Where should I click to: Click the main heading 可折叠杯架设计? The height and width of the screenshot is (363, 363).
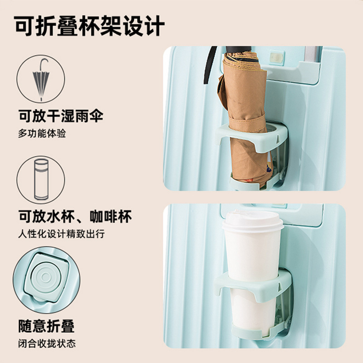point(89,26)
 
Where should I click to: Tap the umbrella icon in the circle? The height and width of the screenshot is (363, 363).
point(41,79)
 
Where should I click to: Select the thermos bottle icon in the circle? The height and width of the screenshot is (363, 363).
point(41,179)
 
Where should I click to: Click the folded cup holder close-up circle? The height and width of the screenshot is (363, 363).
point(47,280)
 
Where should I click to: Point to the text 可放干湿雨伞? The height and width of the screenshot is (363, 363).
point(61,116)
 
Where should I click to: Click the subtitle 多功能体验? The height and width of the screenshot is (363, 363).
point(42,133)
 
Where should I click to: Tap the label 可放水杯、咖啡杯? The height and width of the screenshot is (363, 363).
point(75,216)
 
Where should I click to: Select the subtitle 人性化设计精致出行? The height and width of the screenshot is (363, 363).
point(62,234)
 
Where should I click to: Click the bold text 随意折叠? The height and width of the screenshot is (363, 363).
point(46,326)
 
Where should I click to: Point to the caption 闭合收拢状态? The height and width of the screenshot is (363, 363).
point(47,343)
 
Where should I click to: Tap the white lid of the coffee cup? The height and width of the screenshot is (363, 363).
point(253,221)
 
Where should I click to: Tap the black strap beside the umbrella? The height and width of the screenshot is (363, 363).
point(210,65)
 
